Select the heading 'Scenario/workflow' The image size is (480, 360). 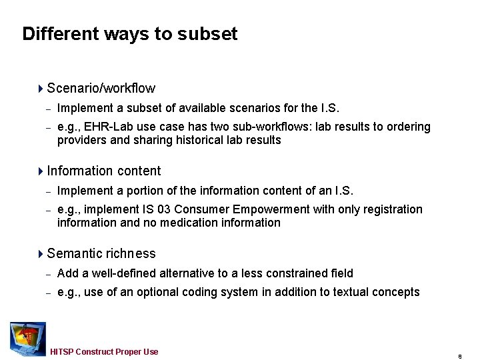click(101, 89)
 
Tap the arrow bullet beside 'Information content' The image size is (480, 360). click(41, 171)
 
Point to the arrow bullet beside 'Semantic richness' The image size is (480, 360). click(41, 254)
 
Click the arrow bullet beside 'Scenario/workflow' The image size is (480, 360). click(41, 89)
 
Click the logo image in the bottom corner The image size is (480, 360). click(27, 338)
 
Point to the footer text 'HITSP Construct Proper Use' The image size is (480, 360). click(104, 352)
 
